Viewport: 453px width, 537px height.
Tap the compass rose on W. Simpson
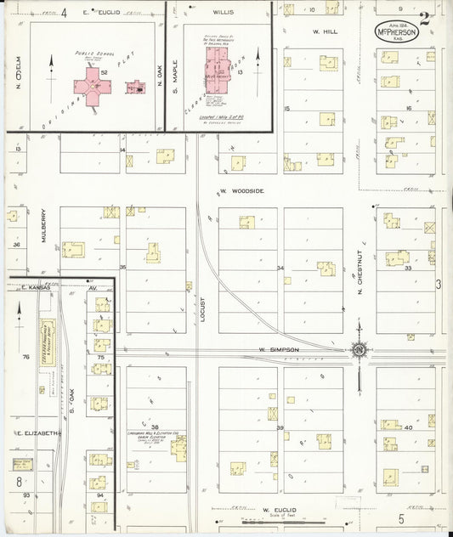pos(360,348)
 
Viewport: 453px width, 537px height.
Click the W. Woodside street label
pos(241,191)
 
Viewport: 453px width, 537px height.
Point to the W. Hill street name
pos(325,31)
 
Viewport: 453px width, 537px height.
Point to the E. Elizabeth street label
pos(37,433)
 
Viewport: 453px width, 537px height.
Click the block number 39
pos(279,428)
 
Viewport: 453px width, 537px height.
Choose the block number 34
pos(280,268)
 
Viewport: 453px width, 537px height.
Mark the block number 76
pos(25,357)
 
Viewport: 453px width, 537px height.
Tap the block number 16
pos(408,109)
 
